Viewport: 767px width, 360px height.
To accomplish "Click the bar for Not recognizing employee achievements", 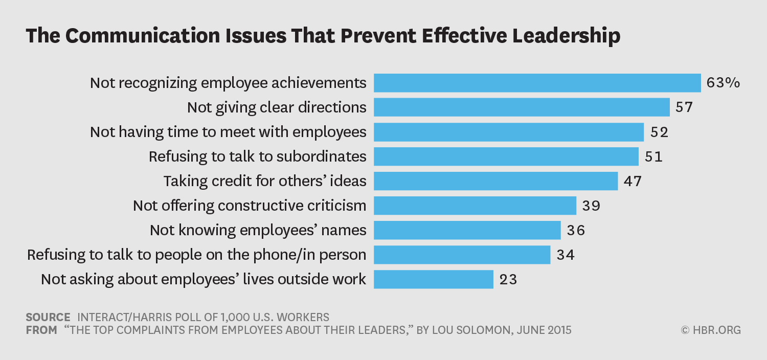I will (537, 83).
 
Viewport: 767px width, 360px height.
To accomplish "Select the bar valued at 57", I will (522, 107).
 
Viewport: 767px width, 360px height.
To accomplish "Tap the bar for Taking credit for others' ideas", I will (495, 181).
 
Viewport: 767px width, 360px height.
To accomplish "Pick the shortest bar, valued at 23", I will (434, 279).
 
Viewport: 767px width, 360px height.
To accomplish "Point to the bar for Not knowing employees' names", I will (467, 230).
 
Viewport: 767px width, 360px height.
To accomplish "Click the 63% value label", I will (723, 83).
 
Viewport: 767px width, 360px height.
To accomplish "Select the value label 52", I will (660, 132).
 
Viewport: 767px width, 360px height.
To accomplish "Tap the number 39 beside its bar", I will (591, 206).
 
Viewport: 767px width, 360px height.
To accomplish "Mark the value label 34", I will (566, 255).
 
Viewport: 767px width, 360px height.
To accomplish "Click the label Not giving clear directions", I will (277, 107).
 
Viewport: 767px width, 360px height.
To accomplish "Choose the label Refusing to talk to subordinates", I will (258, 156).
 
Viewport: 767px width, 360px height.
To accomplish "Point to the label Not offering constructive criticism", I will (250, 206).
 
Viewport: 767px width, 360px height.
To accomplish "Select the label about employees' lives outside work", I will (204, 279).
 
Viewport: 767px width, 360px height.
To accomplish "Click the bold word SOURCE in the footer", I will (48, 317).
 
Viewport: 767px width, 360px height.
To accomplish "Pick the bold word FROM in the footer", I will (41, 330).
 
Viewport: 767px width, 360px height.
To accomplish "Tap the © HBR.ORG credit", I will (711, 330).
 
